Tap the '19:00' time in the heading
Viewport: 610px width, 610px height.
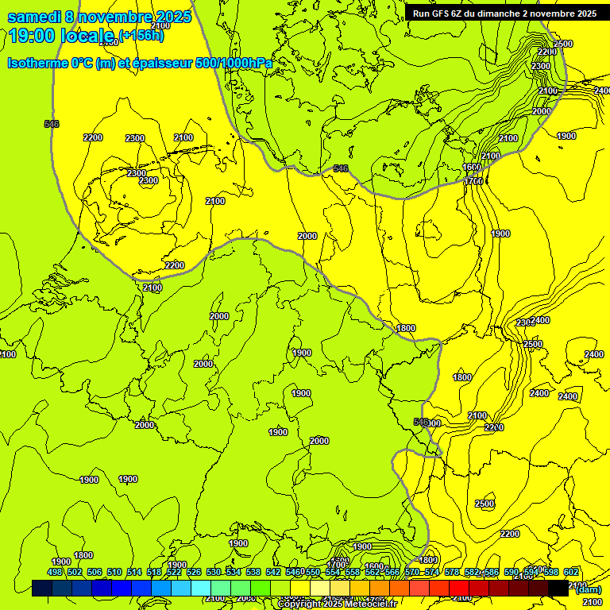(x=33, y=36)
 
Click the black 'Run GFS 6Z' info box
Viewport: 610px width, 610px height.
(x=504, y=14)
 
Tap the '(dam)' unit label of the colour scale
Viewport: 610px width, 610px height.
(x=588, y=589)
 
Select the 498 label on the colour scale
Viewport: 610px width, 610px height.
(x=55, y=572)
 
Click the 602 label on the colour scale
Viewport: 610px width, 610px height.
(x=571, y=572)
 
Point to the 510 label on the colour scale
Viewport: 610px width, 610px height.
(x=114, y=572)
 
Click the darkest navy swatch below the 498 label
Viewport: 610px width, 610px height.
(x=43, y=589)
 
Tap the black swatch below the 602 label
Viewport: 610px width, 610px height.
(x=559, y=589)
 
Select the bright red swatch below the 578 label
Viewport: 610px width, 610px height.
(x=460, y=589)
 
